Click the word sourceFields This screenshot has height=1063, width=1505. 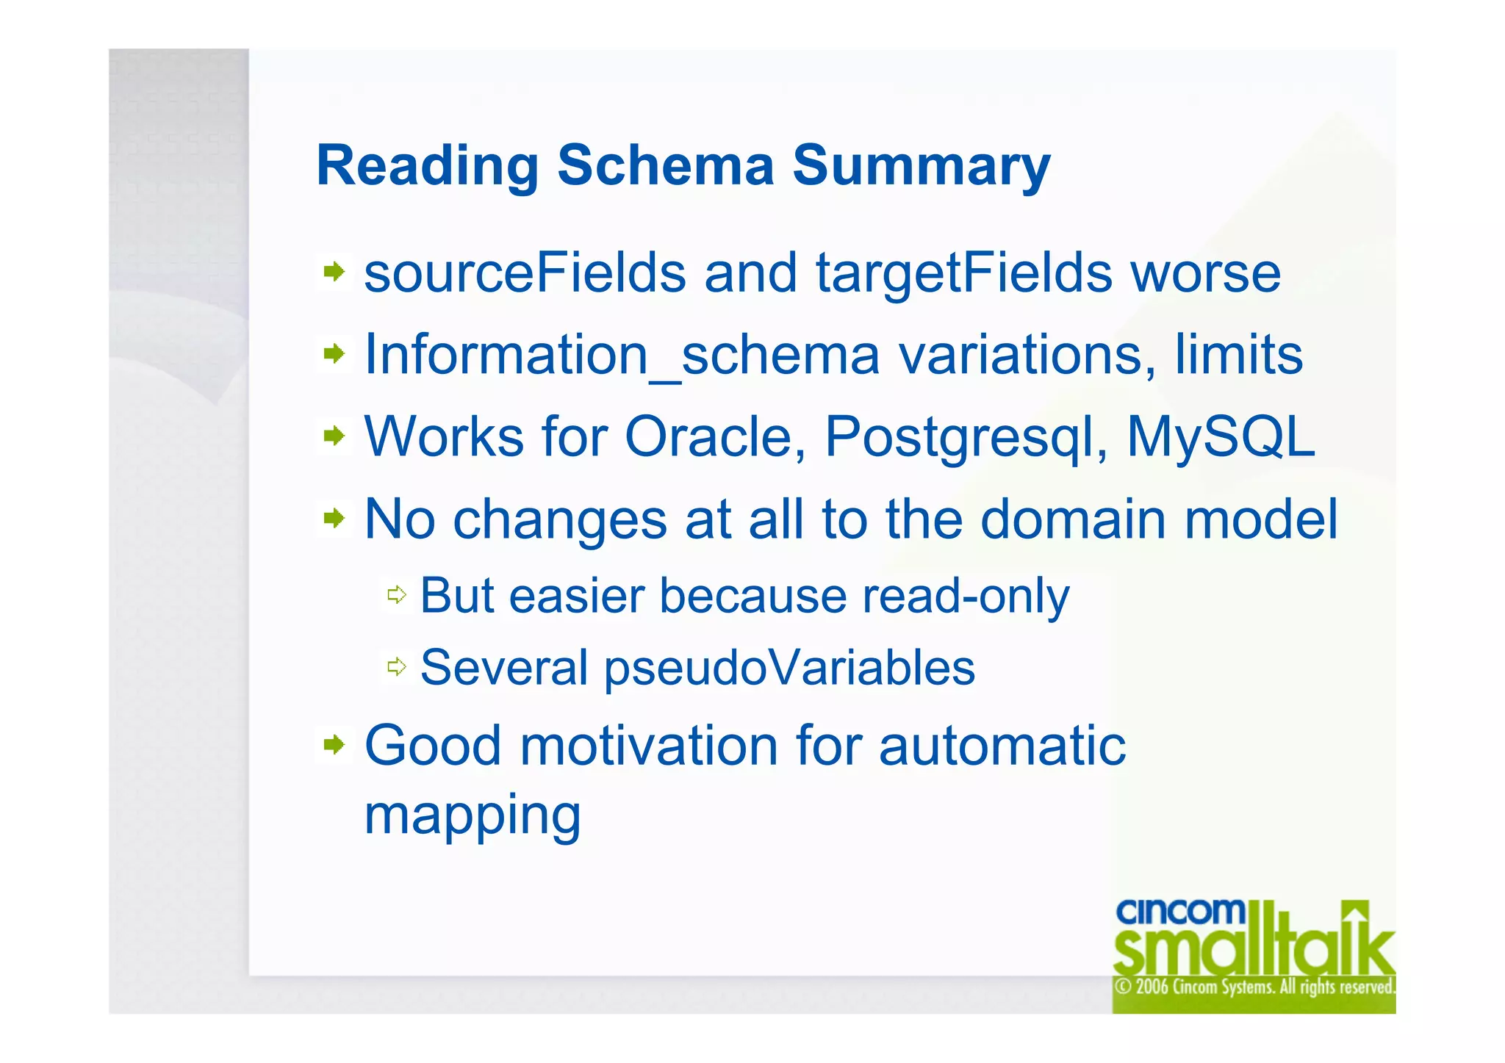coord(525,273)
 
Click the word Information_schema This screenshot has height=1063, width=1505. coord(622,356)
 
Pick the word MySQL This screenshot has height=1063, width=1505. coord(1220,437)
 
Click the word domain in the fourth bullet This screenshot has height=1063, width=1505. coord(1073,519)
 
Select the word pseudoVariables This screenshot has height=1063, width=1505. coord(789,669)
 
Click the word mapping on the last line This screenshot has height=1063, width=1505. coord(473,815)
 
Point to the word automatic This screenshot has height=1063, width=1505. coord(1002,746)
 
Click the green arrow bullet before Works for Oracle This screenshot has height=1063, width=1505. coord(334,437)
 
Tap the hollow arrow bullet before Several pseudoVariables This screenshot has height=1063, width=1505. coord(397,667)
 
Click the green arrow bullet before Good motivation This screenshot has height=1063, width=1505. coord(334,746)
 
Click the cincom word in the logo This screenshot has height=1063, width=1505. coord(1180,912)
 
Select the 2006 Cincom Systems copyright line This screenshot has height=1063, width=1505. coord(1254,987)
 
